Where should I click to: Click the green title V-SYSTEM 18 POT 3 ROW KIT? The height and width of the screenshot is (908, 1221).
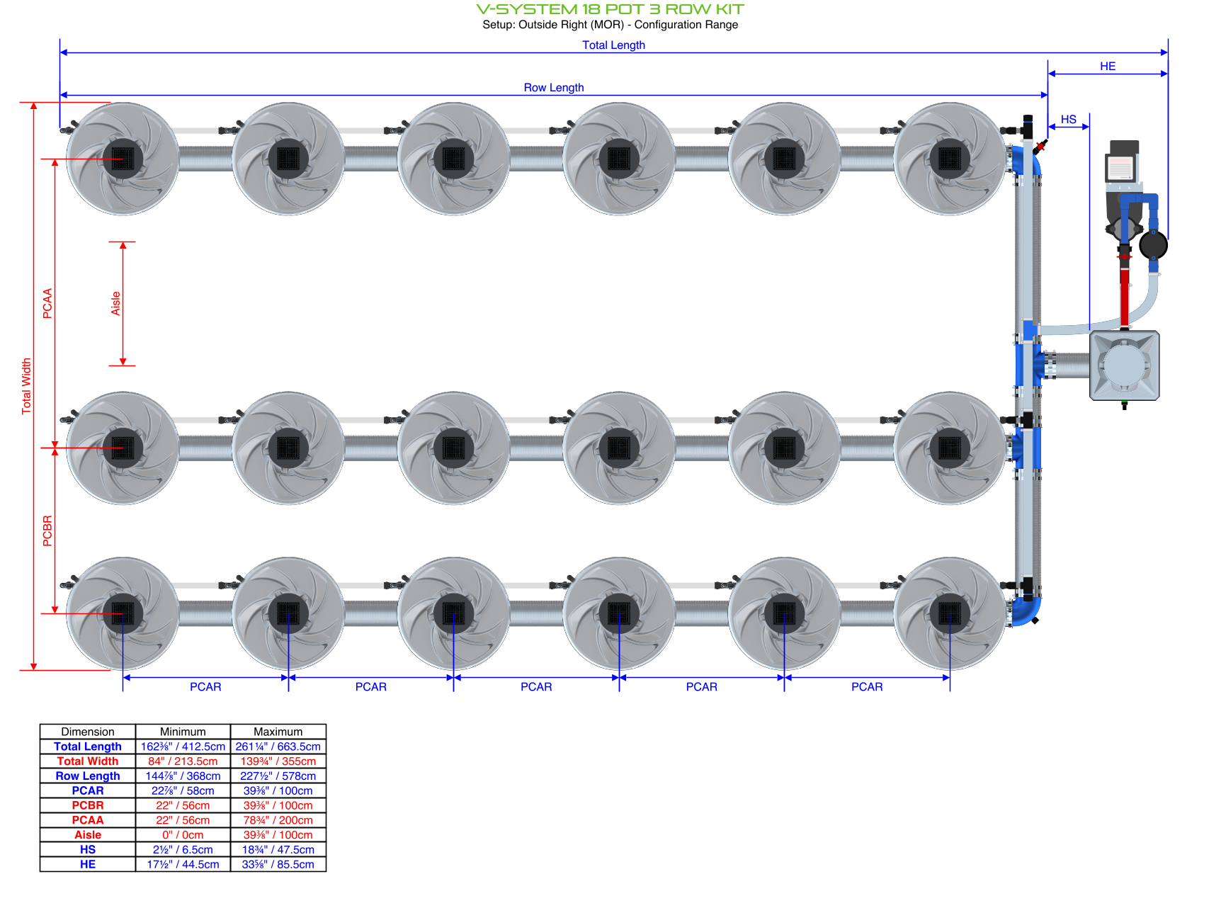610,9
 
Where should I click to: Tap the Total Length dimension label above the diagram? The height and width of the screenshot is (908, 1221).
613,45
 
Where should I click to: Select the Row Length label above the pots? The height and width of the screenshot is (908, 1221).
553,87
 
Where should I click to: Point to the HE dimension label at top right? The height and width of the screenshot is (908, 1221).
1107,66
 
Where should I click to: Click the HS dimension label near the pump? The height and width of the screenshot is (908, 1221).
1068,119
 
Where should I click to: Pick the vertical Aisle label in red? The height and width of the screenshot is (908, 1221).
115,303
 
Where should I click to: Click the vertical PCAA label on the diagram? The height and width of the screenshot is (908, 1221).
47,303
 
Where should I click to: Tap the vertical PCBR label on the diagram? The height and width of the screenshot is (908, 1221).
47,530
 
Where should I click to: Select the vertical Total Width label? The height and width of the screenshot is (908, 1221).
26,386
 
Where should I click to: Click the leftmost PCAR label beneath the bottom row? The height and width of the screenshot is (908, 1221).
205,686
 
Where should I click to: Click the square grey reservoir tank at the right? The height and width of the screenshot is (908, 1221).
1124,365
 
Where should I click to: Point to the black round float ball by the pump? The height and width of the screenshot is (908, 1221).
1153,246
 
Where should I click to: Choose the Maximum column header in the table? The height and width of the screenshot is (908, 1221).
278,732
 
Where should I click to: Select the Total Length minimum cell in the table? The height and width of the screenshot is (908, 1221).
183,747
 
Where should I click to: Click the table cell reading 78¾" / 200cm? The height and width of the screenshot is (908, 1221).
278,820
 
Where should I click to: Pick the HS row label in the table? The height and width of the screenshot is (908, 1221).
88,849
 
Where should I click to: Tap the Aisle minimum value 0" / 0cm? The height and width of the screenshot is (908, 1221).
183,835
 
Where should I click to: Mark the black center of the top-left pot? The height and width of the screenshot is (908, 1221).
123,158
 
